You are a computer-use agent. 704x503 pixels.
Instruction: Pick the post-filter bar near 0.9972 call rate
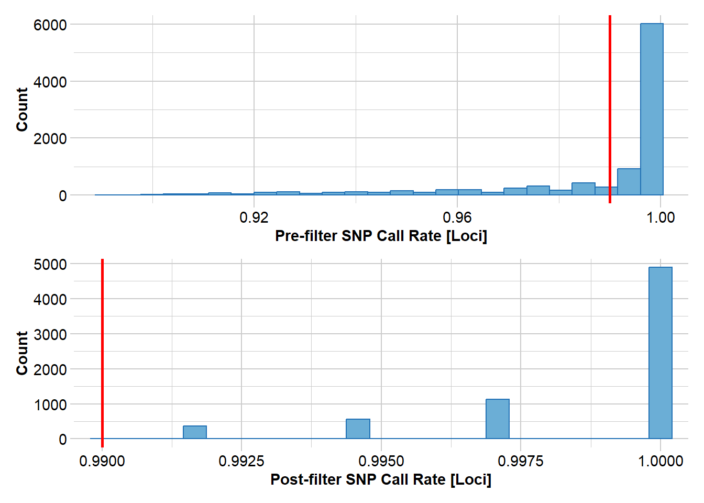click(x=497, y=419)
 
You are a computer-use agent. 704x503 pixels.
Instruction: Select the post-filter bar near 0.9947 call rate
click(x=358, y=429)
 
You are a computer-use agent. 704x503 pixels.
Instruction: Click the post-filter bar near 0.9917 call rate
click(x=194, y=432)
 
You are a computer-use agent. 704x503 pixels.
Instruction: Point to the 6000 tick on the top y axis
click(x=50, y=25)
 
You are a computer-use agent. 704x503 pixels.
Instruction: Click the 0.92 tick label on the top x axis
click(x=254, y=217)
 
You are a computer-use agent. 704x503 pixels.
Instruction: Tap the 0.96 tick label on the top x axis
click(x=457, y=217)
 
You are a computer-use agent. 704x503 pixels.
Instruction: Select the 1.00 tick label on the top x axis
click(x=661, y=217)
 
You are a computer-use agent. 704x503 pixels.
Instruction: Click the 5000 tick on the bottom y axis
click(x=50, y=265)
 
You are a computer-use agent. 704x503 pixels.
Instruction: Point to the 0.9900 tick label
click(x=102, y=461)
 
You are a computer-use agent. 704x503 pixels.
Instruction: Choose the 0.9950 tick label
click(x=381, y=461)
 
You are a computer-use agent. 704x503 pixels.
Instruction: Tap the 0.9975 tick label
click(x=521, y=461)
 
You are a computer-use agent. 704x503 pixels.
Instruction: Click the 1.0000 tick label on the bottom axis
click(x=661, y=461)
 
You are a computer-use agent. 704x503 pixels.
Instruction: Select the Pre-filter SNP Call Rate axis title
click(x=381, y=236)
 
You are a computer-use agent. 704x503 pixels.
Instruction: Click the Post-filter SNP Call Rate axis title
click(x=381, y=479)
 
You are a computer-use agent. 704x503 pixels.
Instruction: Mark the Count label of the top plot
click(x=21, y=110)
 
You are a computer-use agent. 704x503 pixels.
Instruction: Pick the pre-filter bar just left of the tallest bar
click(x=629, y=182)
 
